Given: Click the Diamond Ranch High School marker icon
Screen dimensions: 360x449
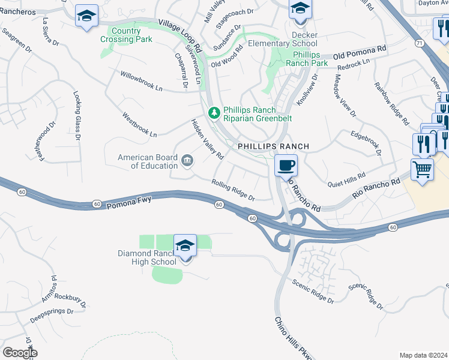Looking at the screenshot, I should click(185, 247).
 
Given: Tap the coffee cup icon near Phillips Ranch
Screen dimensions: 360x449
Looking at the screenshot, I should click(286, 165).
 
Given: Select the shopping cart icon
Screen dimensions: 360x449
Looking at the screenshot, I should click(422, 170).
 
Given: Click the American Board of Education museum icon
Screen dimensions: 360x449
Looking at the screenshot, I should click(187, 160).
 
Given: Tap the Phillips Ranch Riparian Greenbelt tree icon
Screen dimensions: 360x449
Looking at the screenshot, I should click(214, 113).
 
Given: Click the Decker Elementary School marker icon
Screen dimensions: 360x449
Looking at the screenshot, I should click(299, 9).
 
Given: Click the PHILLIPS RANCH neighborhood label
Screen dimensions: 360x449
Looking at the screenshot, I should click(273, 146).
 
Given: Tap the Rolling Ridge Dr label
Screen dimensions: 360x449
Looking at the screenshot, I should click(234, 190).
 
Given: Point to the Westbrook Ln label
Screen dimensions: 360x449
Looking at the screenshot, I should click(139, 124).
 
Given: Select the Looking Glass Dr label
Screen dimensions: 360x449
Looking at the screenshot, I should click(76, 112).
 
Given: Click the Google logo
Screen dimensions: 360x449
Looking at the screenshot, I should click(20, 352).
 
